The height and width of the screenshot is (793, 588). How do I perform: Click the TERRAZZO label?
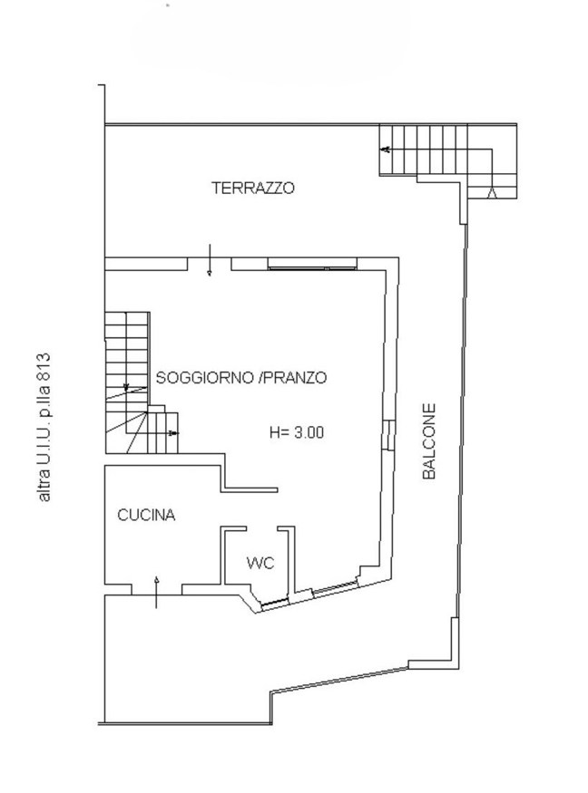click(253, 189)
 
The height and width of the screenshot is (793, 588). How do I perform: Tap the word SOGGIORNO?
click(204, 378)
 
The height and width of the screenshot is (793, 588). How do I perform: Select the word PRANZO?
click(294, 378)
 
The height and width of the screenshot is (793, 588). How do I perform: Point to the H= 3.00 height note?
click(296, 433)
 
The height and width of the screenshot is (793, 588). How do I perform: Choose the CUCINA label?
click(146, 515)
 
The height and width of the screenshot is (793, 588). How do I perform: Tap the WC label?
click(260, 563)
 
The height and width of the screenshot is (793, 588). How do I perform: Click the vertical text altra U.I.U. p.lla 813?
click(43, 427)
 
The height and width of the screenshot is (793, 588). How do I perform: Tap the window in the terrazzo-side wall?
click(311, 266)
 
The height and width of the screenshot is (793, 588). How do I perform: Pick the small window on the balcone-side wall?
click(387, 435)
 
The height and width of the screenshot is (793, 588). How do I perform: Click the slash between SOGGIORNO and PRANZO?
click(260, 378)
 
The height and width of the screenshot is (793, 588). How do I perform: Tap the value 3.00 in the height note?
click(309, 433)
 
